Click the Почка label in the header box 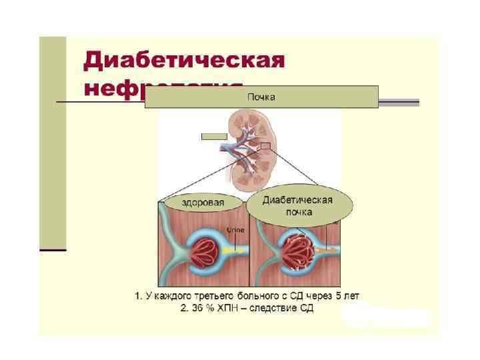click(x=261, y=97)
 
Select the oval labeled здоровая click(x=203, y=203)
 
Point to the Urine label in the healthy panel click(x=235, y=230)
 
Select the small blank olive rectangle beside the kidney click(x=214, y=137)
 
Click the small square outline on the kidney click(x=265, y=146)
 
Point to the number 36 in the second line click(x=205, y=309)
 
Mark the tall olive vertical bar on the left click(x=53, y=143)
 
